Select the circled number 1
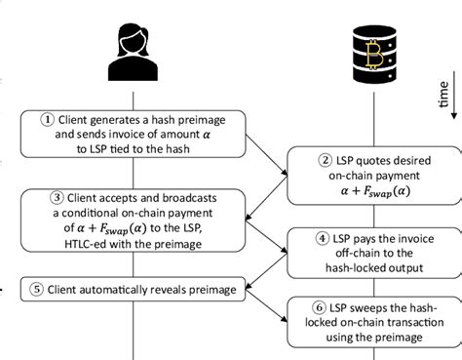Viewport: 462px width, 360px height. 46,120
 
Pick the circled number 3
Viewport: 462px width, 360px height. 46,195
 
